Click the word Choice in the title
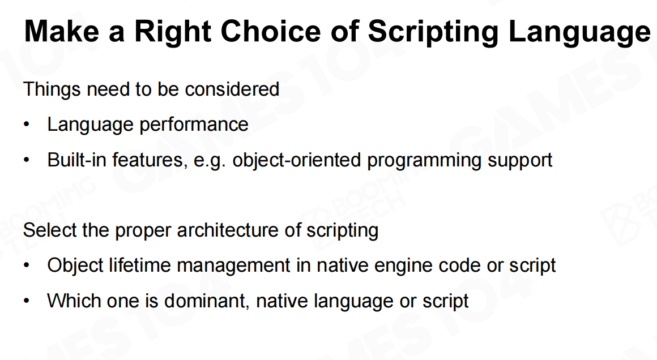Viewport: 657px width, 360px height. click(271, 31)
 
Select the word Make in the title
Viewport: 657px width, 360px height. click(62, 31)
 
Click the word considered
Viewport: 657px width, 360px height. click(232, 89)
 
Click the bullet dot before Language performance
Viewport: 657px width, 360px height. click(27, 125)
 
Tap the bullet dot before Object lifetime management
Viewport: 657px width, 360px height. click(27, 266)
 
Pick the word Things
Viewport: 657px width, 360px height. click(52, 89)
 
